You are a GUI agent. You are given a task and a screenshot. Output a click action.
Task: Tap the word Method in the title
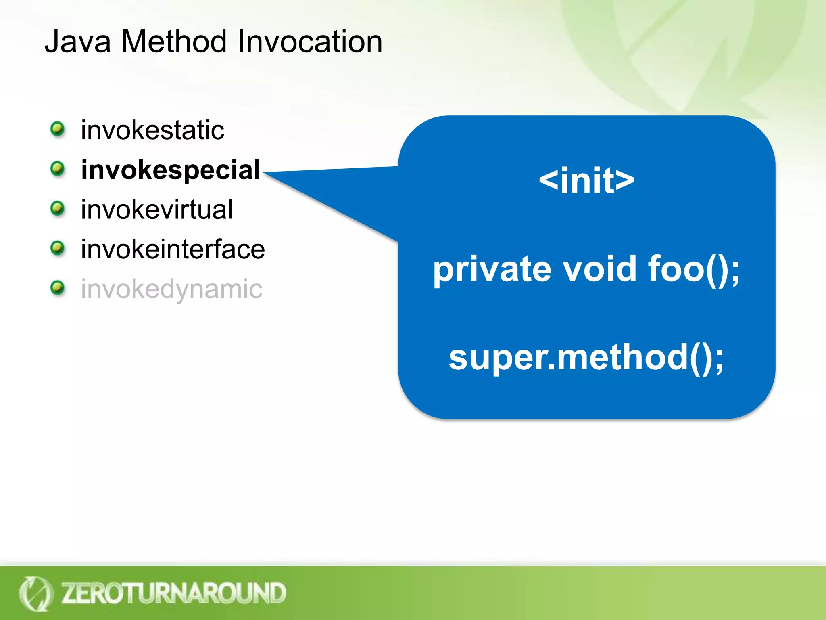tap(174, 42)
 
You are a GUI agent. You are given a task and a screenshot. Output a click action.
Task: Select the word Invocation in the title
tap(310, 42)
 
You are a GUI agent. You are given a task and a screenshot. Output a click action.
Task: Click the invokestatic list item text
tap(152, 130)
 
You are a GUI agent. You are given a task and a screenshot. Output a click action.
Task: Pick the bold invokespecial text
tap(171, 170)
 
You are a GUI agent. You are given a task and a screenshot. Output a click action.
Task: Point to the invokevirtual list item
tap(157, 209)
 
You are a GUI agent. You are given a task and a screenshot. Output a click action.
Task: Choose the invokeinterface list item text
tap(173, 249)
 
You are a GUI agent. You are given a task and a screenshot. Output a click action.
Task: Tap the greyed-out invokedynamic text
tap(171, 289)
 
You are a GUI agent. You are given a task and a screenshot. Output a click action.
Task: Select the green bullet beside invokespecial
tap(58, 169)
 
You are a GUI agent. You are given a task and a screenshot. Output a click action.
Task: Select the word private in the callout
tap(492, 269)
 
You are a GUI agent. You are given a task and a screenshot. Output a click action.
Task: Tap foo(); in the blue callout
tap(694, 269)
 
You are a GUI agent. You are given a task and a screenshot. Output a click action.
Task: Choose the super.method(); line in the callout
tap(586, 358)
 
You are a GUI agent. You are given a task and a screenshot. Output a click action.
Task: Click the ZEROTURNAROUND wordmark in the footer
tap(173, 593)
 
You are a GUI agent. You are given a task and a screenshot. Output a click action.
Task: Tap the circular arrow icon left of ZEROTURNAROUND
tap(35, 593)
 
